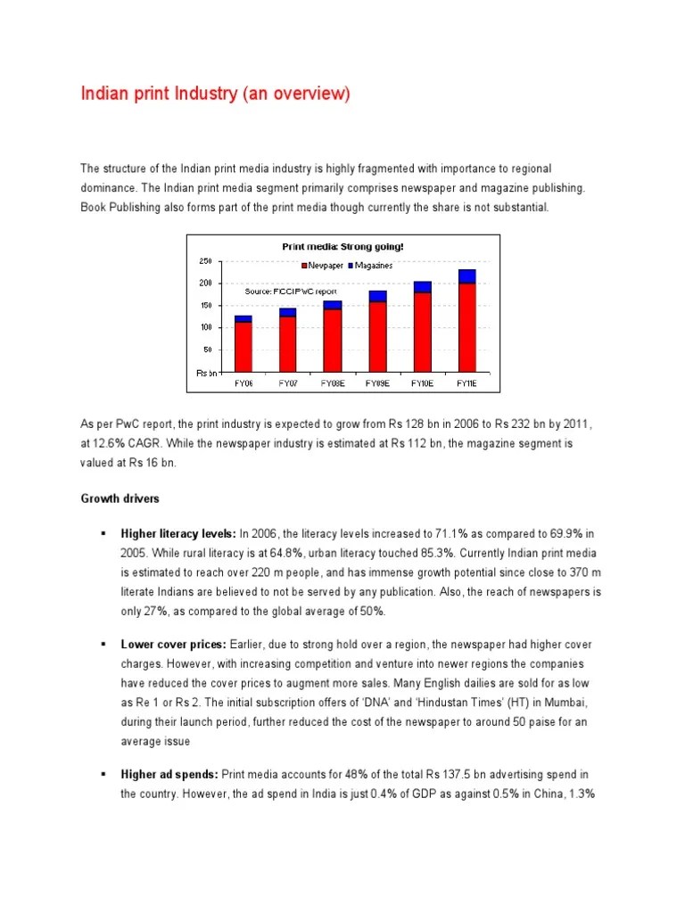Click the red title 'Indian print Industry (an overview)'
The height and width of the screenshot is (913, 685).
pyautogui.click(x=216, y=94)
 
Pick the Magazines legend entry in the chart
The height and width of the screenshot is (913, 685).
pyautogui.click(x=372, y=265)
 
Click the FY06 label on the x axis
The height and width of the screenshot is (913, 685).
pyautogui.click(x=243, y=383)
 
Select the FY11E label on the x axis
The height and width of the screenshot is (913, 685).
pyautogui.click(x=466, y=383)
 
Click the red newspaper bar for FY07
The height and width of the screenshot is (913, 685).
pyautogui.click(x=287, y=343)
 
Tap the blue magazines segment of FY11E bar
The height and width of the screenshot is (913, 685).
pyautogui.click(x=466, y=276)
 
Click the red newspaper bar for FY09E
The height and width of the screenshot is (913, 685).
pyautogui.click(x=377, y=336)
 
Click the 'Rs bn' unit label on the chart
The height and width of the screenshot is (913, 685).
pyautogui.click(x=206, y=373)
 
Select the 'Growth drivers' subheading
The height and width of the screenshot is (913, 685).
pyautogui.click(x=120, y=498)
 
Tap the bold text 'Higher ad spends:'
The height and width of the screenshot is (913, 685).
pyautogui.click(x=169, y=774)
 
